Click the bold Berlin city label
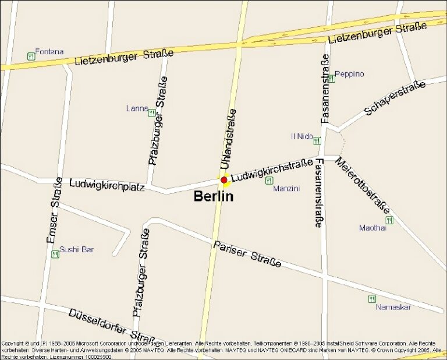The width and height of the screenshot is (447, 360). point(213,196)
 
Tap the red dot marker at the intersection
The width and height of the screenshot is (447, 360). point(224,180)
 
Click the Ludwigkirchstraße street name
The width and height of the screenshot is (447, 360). point(272,169)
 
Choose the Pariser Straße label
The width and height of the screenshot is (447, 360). point(247,254)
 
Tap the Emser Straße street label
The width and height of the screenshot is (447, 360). point(54,210)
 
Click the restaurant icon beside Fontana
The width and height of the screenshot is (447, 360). point(30,56)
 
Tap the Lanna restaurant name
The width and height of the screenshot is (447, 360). point(137,108)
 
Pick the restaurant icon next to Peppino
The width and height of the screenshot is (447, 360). point(331,78)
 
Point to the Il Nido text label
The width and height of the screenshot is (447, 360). point(301,136)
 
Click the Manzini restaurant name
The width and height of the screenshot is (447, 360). point(286,189)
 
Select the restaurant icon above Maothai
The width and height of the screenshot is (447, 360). point(389,220)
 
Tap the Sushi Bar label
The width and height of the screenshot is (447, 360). point(76,250)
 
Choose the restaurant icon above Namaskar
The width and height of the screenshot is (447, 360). point(372,299)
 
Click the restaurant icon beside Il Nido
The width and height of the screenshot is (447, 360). point(317,140)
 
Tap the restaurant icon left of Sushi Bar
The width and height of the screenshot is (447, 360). point(55,254)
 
